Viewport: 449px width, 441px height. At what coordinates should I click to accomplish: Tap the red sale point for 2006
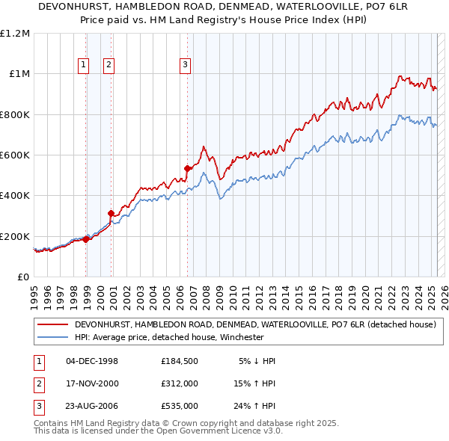click(x=188, y=168)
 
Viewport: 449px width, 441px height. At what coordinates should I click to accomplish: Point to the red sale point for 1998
click(x=85, y=239)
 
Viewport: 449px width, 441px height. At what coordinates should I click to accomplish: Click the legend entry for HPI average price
click(x=169, y=337)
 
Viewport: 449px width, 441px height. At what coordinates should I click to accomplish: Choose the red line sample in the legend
click(x=52, y=324)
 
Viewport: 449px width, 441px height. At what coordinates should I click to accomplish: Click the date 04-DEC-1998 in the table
click(x=92, y=361)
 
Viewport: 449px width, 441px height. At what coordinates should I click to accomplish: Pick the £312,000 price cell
click(x=180, y=383)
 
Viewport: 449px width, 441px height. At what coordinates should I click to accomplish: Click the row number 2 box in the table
click(x=37, y=383)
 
